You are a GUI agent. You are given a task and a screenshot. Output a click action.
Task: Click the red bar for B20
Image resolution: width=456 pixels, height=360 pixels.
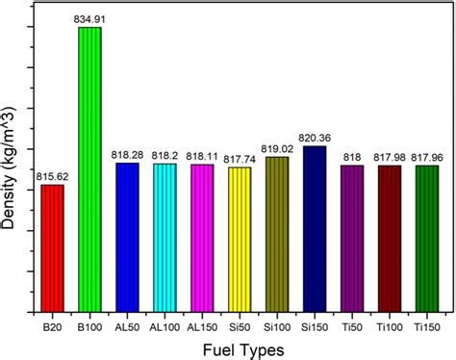pos(52,243)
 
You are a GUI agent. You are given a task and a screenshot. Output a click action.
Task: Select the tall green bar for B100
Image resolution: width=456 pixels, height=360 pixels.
pos(89,164)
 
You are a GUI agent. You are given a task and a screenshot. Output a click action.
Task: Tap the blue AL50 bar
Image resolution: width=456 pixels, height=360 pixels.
pos(127,232)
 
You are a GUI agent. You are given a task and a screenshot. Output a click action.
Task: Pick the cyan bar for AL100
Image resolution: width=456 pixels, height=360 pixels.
pos(165,232)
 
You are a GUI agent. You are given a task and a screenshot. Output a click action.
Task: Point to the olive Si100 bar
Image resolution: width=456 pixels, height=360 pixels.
pos(277,229)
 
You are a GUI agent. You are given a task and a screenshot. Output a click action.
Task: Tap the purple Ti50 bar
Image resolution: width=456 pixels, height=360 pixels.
pos(352,233)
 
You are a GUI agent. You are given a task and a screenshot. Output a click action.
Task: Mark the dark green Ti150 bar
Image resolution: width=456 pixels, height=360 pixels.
pos(426,233)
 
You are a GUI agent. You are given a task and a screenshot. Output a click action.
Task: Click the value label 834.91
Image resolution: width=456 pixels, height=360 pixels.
pos(89,18)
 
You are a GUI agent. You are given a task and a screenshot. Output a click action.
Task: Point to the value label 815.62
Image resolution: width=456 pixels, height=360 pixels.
pos(52,176)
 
